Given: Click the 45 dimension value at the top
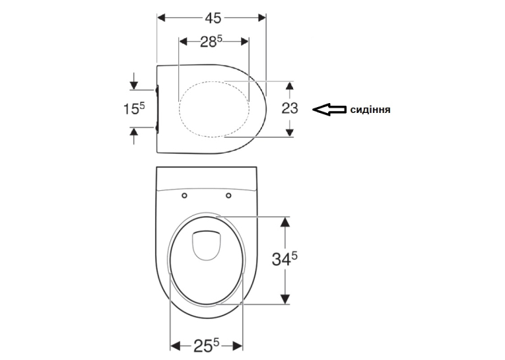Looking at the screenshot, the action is click(x=213, y=18).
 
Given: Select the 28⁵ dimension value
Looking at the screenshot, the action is click(x=211, y=42).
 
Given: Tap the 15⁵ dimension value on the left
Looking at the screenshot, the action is click(x=134, y=108).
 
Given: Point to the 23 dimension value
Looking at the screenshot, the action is click(x=290, y=108).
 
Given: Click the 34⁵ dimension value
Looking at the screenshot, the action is click(x=285, y=258).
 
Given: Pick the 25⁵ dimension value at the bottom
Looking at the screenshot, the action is click(x=206, y=346).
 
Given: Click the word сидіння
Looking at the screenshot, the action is click(x=370, y=110).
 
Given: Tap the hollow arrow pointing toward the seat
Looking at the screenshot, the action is click(x=329, y=110).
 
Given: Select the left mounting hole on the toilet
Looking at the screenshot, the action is click(x=185, y=196).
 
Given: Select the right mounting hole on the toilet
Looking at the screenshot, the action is click(x=228, y=196).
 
